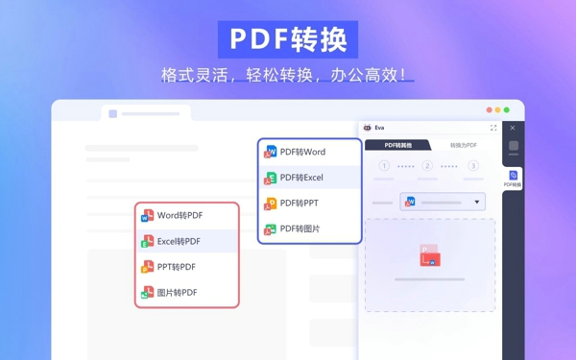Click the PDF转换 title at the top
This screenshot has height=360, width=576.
click(287, 39)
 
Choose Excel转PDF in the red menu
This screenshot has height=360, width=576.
click(179, 241)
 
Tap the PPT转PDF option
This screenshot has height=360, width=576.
click(176, 267)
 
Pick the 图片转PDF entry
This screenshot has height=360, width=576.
click(177, 293)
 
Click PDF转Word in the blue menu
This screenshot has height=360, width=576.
click(302, 152)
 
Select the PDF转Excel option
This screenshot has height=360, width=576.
click(301, 178)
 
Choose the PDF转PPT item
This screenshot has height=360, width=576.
click(299, 204)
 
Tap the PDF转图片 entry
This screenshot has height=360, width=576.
click(300, 229)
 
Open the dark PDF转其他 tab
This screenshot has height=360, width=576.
click(397, 145)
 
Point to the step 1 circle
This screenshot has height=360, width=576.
click(384, 166)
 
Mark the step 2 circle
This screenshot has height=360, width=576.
click(427, 166)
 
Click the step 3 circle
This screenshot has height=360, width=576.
click(473, 166)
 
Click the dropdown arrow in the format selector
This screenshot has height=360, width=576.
click(477, 203)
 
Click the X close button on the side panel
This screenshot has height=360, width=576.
click(513, 128)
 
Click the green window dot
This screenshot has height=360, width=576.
click(506, 110)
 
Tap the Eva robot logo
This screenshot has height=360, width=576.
click(368, 128)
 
